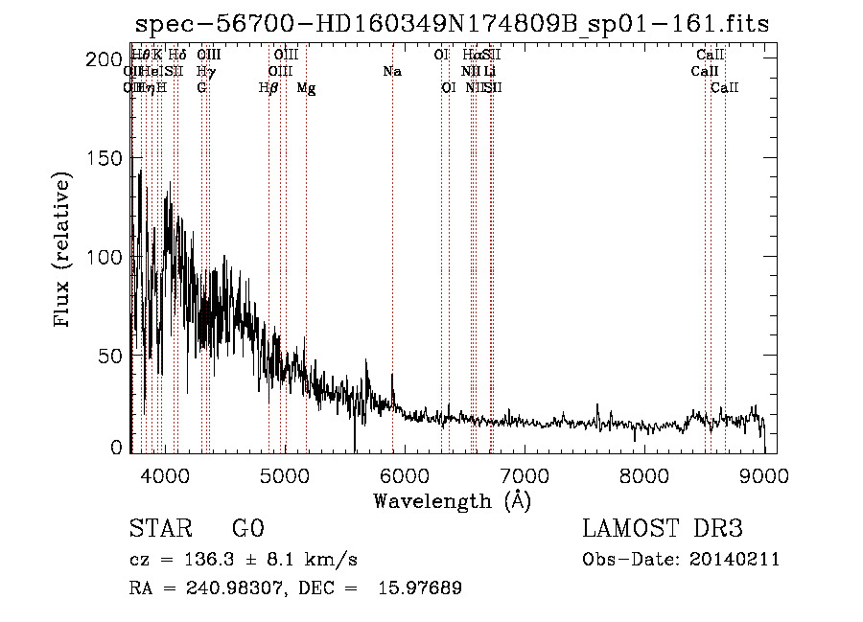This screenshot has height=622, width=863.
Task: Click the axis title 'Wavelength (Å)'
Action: click(x=452, y=500)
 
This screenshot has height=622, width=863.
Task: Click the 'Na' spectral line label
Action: click(x=391, y=71)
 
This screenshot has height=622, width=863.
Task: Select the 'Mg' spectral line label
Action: click(x=306, y=88)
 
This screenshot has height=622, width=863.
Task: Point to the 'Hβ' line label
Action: click(x=268, y=88)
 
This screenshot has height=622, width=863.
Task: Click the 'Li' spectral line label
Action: click(x=489, y=71)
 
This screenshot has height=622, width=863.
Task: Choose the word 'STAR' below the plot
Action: click(x=158, y=530)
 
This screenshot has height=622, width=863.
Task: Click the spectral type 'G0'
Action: click(x=247, y=530)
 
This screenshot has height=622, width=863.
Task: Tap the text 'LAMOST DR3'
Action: click(x=663, y=530)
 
